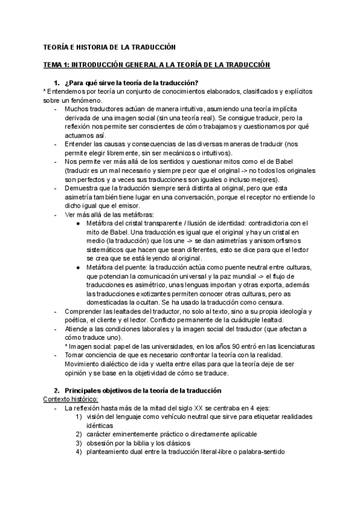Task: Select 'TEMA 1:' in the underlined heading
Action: [x=57, y=64]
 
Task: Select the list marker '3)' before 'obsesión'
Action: [x=79, y=444]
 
